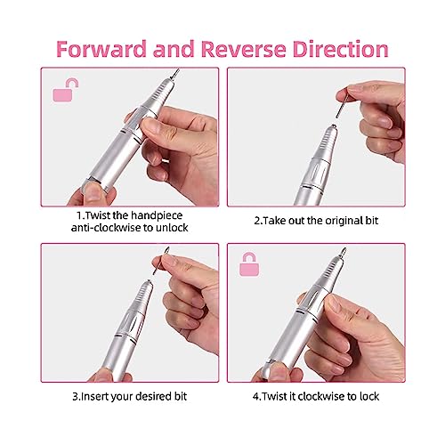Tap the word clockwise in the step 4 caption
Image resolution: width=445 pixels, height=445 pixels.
pos(324,395)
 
